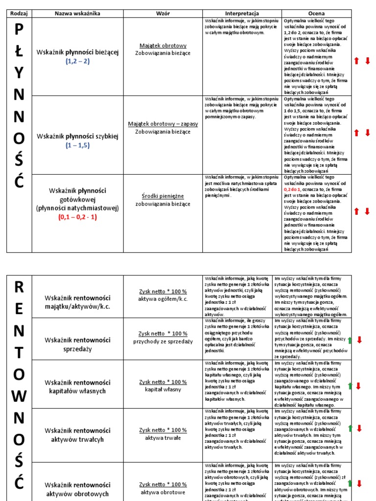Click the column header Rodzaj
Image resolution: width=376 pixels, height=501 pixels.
click(19, 13)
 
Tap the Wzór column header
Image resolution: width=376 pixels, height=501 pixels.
click(163, 13)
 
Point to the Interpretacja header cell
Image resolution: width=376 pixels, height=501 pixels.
click(242, 13)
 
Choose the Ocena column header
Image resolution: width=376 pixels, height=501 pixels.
click(316, 13)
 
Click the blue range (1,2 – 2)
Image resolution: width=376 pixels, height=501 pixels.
click(77, 62)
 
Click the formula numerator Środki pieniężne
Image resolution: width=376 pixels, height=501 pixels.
click(163, 196)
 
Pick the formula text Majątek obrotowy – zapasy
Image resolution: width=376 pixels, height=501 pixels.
click(163, 124)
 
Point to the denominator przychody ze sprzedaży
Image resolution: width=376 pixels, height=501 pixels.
click(163, 342)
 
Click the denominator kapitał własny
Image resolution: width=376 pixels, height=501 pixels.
click(163, 389)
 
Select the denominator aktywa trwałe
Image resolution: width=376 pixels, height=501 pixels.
click(163, 438)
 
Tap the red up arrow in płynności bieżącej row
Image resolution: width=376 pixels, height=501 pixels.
click(356, 61)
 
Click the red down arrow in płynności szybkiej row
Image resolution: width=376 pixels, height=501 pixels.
click(367, 133)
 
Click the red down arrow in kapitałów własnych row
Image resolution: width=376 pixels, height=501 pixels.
click(358, 387)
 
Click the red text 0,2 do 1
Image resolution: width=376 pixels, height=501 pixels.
click(293, 189)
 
